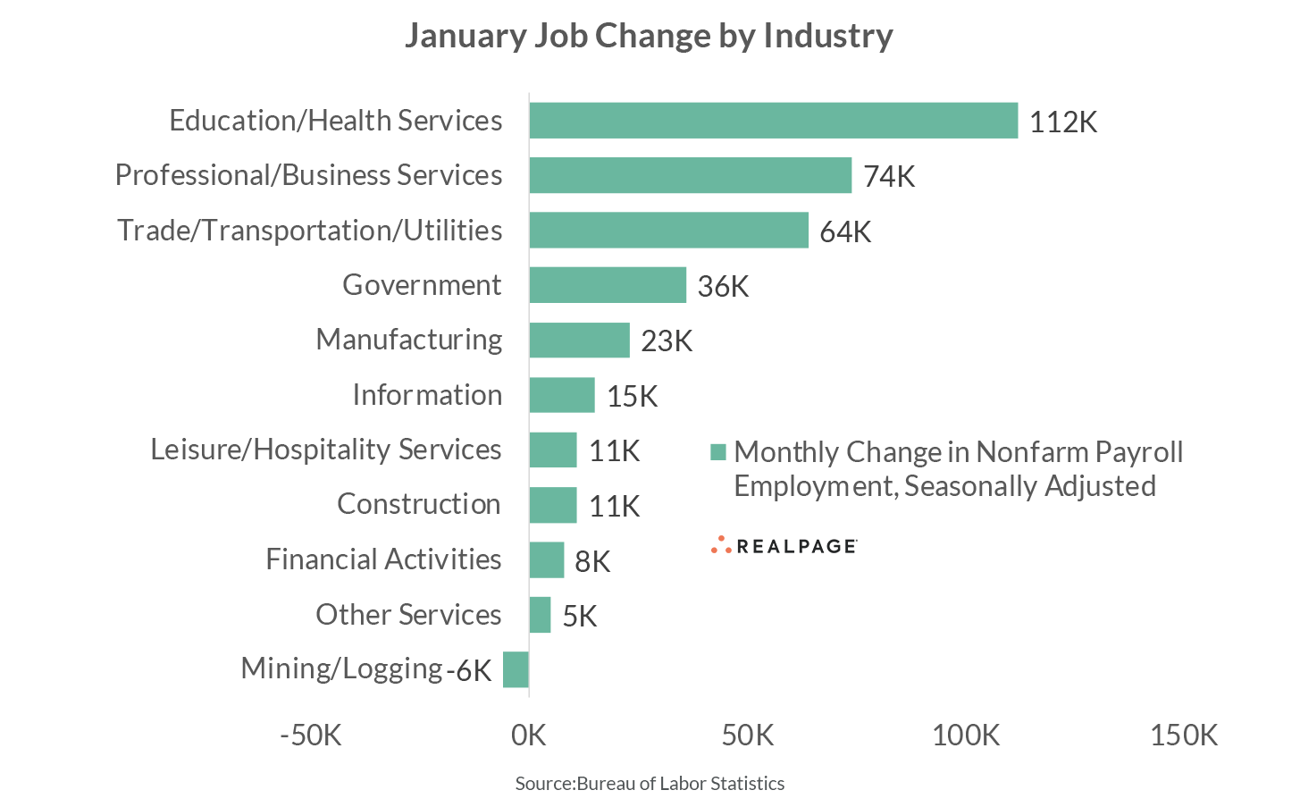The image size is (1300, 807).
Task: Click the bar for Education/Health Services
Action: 773,121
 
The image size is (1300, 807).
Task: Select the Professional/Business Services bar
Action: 690,175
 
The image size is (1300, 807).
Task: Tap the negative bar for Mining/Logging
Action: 516,669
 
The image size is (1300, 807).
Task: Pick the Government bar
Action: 608,285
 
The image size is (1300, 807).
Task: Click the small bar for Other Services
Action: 540,615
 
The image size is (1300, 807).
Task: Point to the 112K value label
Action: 1062,122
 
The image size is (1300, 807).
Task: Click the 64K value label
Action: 844,232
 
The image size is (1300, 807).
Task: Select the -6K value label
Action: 469,670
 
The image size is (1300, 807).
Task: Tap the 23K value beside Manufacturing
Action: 667,341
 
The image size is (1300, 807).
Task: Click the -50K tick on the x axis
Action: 311,736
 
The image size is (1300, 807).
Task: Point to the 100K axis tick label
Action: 965,736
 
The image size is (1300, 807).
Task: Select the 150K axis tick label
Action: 1183,736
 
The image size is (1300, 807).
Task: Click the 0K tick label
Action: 529,736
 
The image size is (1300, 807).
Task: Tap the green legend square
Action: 718,452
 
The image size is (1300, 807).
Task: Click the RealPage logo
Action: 784,545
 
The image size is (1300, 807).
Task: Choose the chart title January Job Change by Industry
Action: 649,36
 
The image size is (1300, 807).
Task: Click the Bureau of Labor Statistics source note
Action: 650,784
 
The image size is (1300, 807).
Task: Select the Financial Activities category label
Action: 383,559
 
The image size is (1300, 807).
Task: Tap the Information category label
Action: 427,395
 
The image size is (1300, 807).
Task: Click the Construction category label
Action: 418,504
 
